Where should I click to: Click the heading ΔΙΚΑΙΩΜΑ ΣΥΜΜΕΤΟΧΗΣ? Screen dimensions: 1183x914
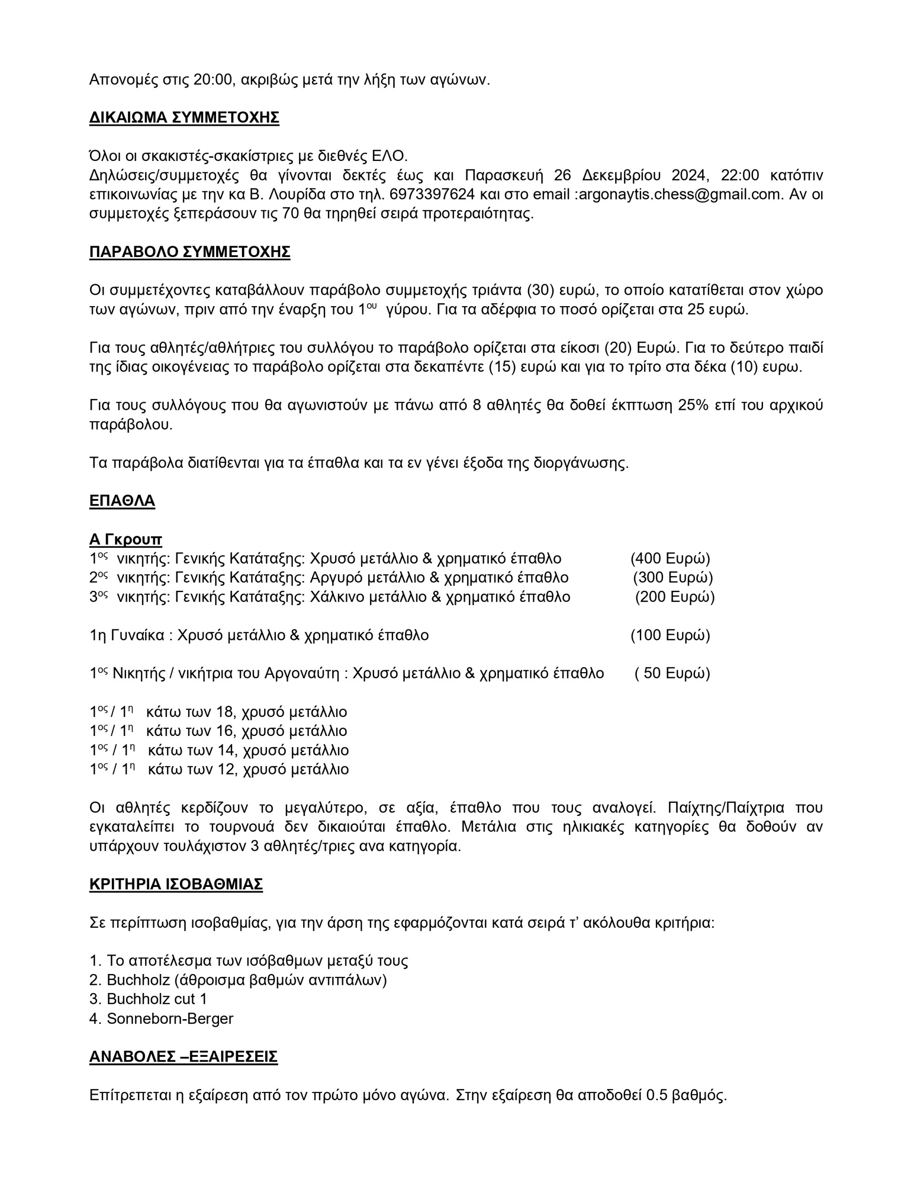click(184, 118)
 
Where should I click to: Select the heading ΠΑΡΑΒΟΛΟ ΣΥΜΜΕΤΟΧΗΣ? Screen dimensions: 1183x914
click(189, 252)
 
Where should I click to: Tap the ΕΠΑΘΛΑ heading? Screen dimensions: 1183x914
click(122, 500)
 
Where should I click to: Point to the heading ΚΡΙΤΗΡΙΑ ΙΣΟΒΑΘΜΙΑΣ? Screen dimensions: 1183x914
click(176, 884)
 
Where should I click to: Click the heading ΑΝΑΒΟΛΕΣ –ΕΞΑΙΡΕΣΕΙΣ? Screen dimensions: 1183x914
click(183, 1057)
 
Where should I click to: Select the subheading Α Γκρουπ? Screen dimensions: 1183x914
click(125, 539)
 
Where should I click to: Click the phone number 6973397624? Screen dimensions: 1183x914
click(432, 194)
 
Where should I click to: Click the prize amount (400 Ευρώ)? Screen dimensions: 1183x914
click(670, 558)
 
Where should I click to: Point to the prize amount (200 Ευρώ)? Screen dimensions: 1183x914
click(675, 597)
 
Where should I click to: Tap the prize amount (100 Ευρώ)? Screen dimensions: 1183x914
click(670, 635)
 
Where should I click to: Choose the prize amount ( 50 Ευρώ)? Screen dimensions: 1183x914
click(672, 673)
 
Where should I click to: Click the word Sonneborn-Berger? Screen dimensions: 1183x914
click(169, 1018)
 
